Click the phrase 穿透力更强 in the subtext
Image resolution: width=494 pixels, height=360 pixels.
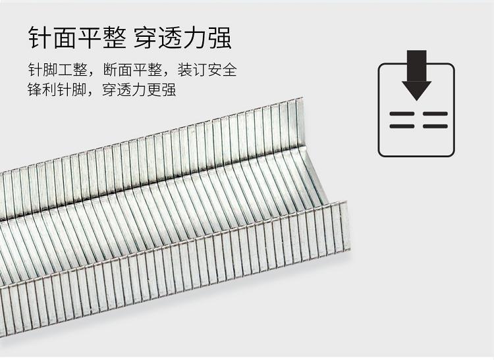pos(139,89)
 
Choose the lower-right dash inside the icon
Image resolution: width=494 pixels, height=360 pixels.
pos(435,126)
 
